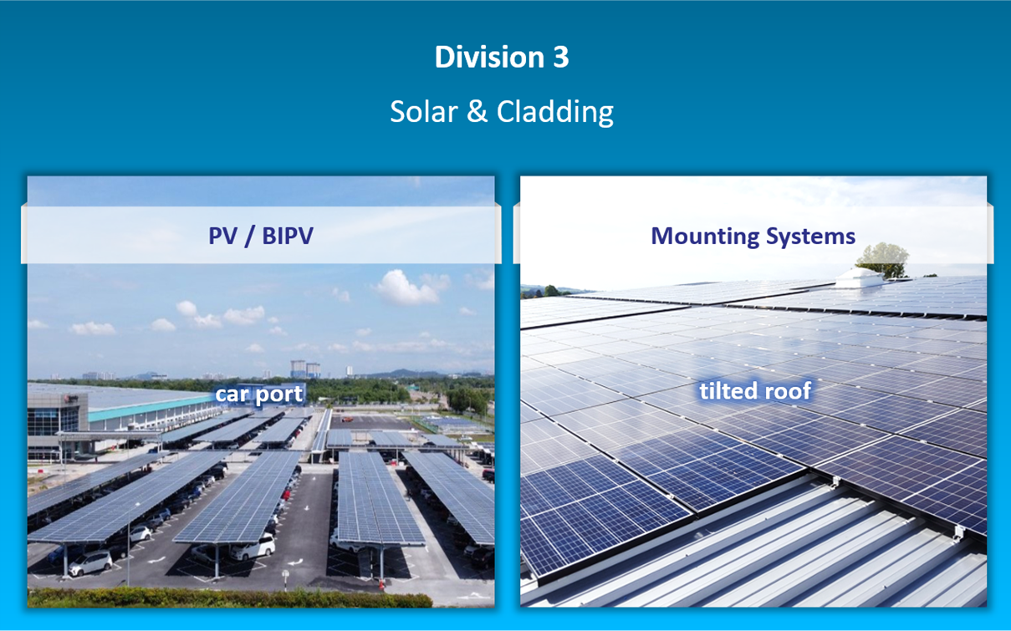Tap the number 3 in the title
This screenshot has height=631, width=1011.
click(560, 58)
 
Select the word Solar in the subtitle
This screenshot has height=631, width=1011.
click(423, 111)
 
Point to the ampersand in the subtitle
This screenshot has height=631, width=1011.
click(477, 111)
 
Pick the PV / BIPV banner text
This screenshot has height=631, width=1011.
click(261, 236)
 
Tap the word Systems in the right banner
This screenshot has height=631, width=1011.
click(809, 237)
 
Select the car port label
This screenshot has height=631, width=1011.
click(259, 394)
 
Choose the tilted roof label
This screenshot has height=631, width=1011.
click(755, 390)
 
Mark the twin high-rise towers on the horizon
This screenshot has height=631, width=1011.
click(304, 369)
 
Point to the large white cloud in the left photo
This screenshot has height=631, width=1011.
click(406, 288)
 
